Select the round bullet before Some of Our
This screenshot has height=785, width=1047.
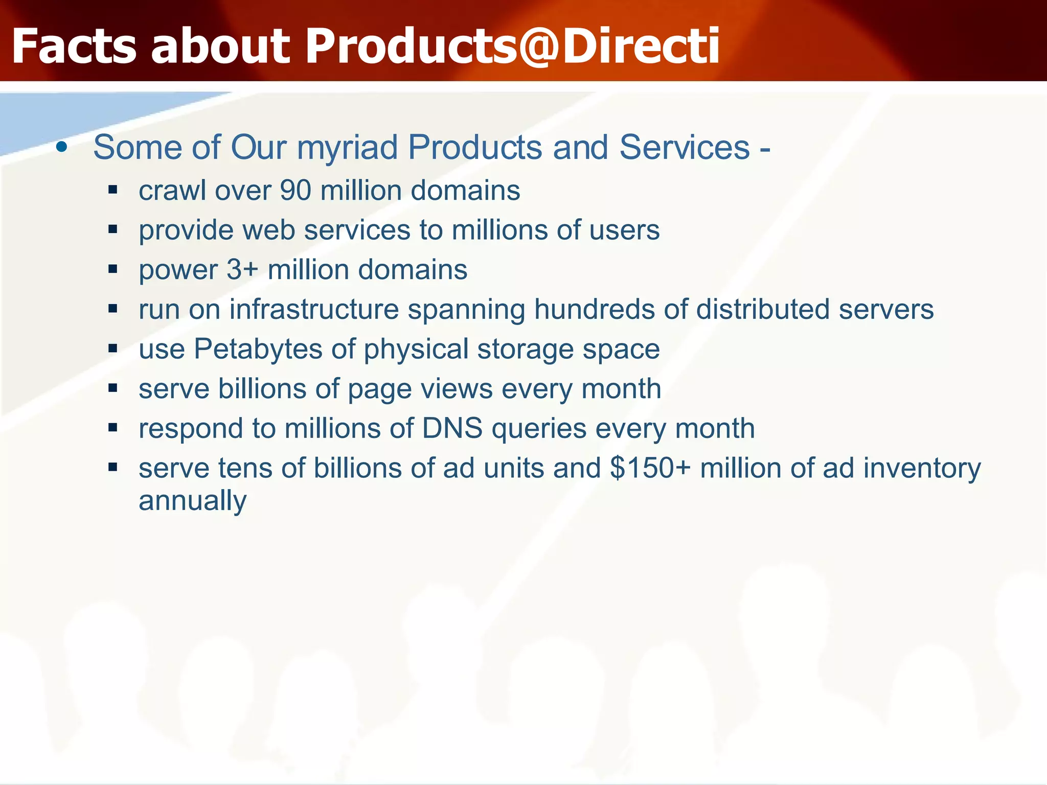coord(62,148)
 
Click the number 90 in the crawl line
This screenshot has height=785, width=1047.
coord(295,191)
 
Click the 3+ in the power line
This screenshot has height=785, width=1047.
coord(242,270)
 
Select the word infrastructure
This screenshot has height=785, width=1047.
coord(314,310)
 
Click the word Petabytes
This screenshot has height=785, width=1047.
coord(258,350)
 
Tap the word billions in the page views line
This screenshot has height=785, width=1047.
coord(262,389)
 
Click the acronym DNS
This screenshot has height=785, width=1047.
coord(452,428)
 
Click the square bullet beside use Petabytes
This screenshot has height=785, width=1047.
coord(113,349)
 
